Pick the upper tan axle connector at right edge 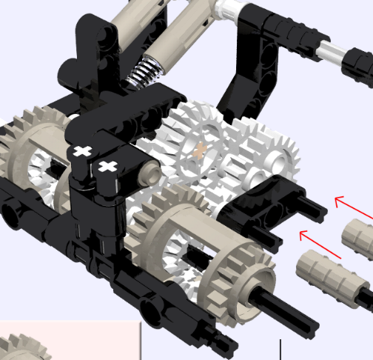[x=359, y=239]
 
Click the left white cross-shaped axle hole [x=81, y=151]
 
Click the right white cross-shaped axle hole [x=109, y=164]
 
